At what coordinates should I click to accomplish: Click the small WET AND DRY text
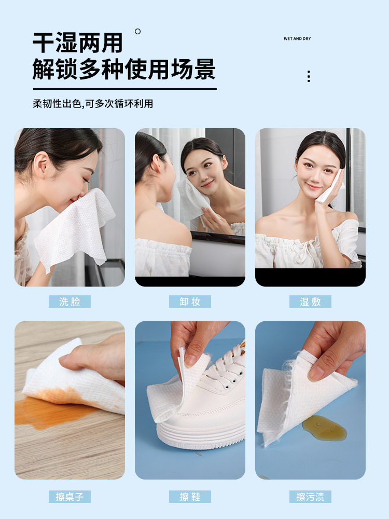click(x=297, y=39)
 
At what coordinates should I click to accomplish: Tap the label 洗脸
click(x=70, y=302)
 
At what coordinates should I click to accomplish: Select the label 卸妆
click(x=190, y=302)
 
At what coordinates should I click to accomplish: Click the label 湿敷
click(x=310, y=302)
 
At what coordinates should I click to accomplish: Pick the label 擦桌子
click(x=70, y=497)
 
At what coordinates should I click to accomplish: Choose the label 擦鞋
click(x=190, y=497)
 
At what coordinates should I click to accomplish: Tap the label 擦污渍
click(x=310, y=497)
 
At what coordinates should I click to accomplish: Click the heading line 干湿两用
click(x=78, y=43)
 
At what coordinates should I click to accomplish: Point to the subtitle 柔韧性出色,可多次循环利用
click(x=93, y=104)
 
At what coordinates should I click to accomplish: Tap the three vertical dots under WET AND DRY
click(x=309, y=76)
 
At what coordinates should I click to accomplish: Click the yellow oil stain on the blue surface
click(x=325, y=428)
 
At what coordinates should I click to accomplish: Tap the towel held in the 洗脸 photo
click(x=74, y=228)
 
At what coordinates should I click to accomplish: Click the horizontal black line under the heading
click(x=125, y=89)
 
